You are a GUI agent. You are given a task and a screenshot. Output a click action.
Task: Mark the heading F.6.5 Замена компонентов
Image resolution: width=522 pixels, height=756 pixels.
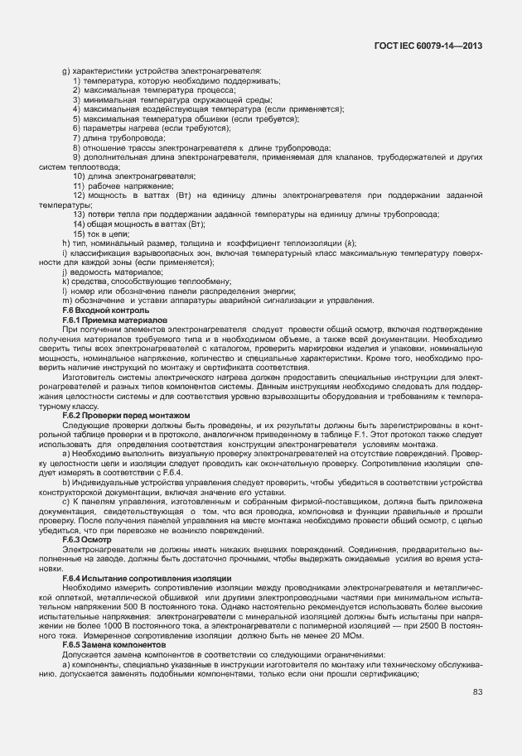point(114,643)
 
